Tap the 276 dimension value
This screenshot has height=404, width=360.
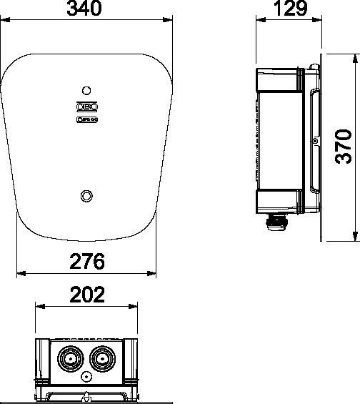(x=87, y=262)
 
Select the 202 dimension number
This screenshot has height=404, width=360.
(x=87, y=295)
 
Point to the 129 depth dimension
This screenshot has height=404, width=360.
(x=290, y=9)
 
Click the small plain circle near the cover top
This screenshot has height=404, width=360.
(x=87, y=91)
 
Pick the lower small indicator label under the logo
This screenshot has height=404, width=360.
(x=87, y=119)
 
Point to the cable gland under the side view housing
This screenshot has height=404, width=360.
(x=276, y=225)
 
